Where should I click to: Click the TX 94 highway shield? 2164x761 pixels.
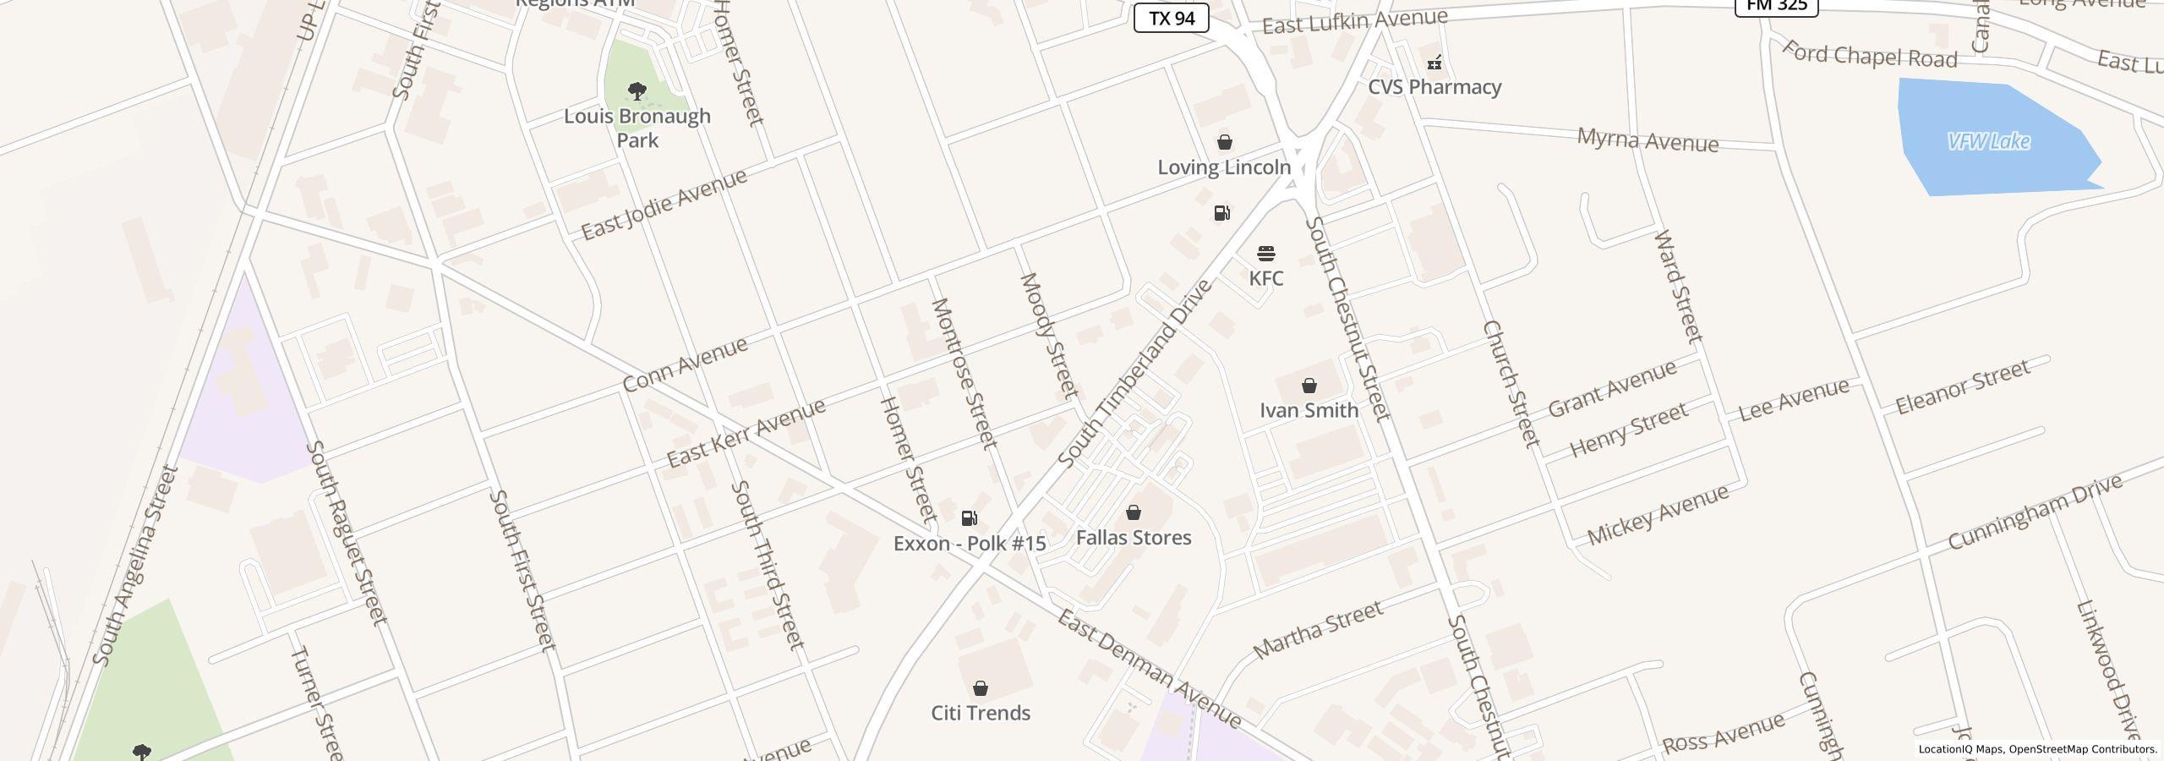tap(1171, 18)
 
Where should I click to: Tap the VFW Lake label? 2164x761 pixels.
tap(1988, 141)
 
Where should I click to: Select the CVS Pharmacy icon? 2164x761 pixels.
tap(1434, 63)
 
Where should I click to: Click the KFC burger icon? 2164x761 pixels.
tap(1265, 254)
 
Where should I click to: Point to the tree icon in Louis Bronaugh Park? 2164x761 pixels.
tap(637, 90)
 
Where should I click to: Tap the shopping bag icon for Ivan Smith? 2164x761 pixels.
tap(1309, 386)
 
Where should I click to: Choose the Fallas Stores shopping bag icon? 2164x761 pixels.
tap(1133, 512)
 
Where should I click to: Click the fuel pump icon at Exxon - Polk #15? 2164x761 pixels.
tap(970, 518)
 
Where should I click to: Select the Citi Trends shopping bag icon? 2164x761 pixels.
tap(981, 688)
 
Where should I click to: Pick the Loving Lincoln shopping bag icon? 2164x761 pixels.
tap(1224, 142)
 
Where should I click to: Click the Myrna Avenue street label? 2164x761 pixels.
tap(1648, 140)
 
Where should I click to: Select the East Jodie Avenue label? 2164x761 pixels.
tap(664, 204)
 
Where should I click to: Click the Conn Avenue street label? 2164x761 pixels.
tap(686, 364)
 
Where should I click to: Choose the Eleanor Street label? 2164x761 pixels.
tap(1962, 387)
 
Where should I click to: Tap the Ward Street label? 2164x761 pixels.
tap(1678, 286)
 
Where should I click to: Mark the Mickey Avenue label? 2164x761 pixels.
tap(1658, 516)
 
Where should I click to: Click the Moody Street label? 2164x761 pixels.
tap(1049, 336)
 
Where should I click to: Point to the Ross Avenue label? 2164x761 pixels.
tap(1724, 733)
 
